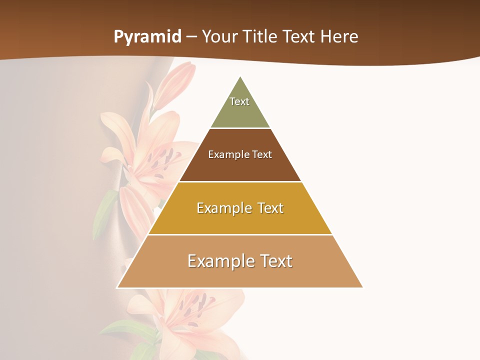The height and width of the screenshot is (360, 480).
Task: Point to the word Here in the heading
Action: pos(339,37)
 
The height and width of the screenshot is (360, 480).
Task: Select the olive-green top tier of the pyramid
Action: pos(240,112)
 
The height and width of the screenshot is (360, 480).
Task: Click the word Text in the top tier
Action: pos(239,101)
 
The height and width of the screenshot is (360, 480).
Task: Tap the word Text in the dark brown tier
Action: pos(262,154)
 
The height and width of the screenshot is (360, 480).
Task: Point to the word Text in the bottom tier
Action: pos(275,261)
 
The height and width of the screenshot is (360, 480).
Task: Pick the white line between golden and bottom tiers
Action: pos(240,234)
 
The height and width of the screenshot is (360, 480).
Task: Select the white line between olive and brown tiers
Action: pos(240,128)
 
